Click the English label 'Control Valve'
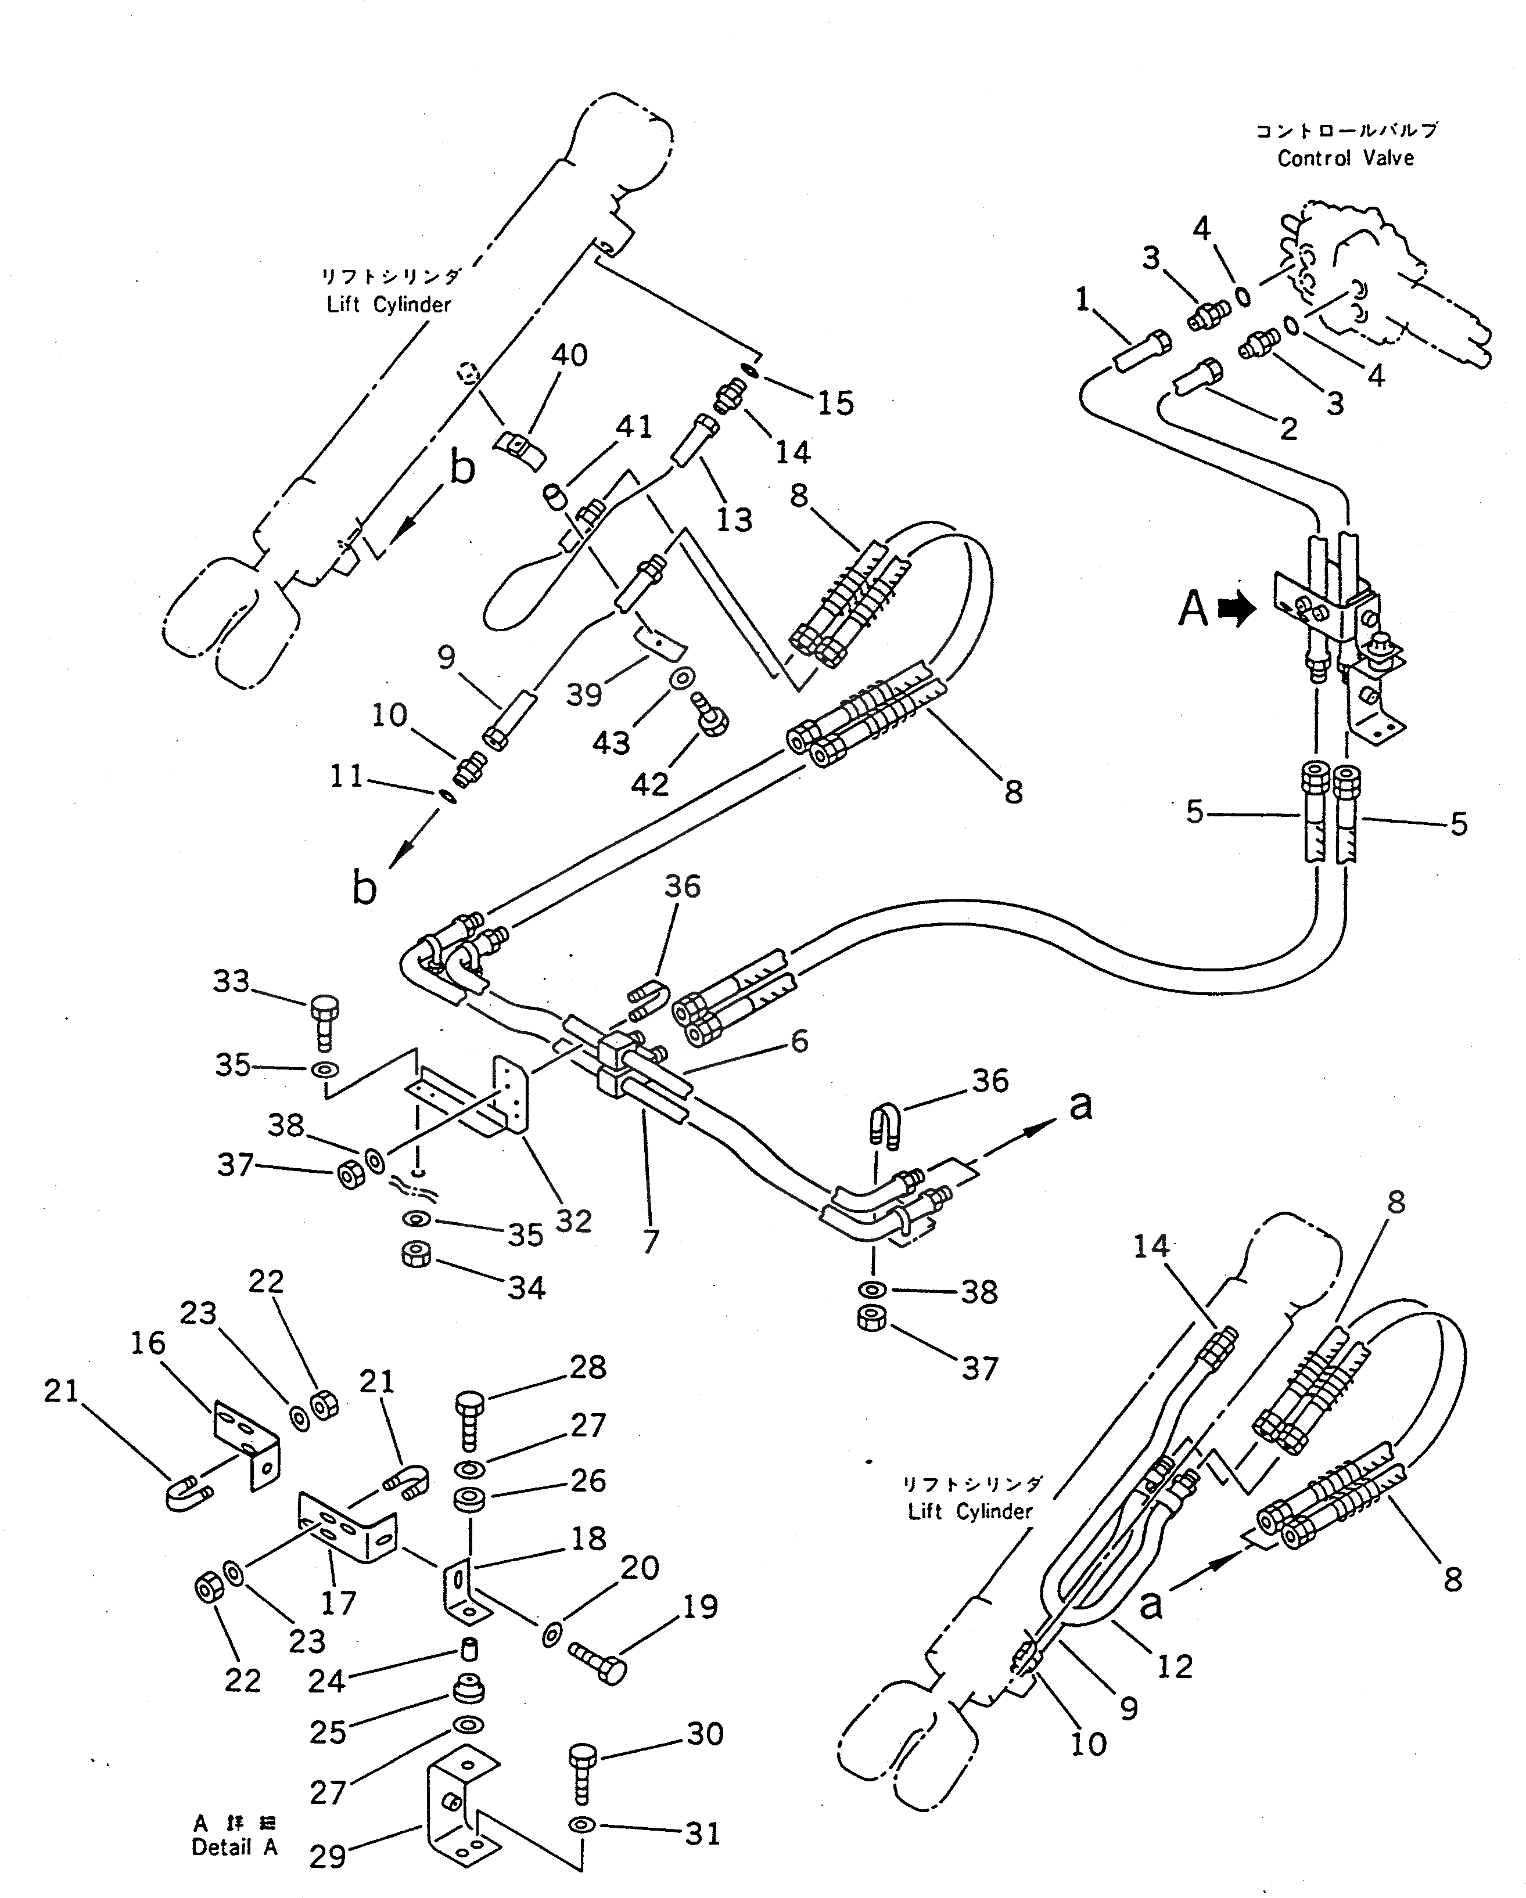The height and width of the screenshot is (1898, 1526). tap(1345, 159)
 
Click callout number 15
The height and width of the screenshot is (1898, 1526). tap(835, 403)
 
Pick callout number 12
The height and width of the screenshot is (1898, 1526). tap(1174, 1666)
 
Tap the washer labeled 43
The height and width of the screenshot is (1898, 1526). tap(681, 678)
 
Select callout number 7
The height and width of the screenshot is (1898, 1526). tap(651, 1241)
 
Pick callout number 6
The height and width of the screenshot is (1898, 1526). tap(799, 1042)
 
